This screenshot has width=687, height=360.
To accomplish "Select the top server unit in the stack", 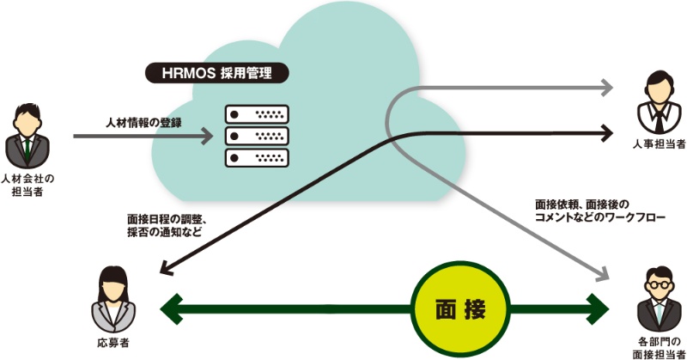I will [254, 114].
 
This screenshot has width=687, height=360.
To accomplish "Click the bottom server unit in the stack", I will [254, 156].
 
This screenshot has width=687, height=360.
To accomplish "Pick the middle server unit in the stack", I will [254, 135].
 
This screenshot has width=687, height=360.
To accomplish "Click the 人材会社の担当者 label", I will [28, 184].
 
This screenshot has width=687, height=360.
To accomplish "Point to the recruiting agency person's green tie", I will [28, 146].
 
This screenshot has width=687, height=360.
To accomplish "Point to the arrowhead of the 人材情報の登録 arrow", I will [206, 136].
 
